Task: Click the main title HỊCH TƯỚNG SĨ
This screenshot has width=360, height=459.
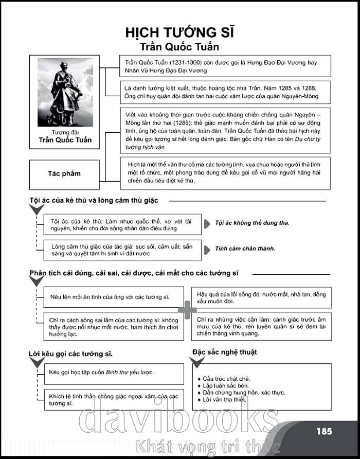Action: point(180,33)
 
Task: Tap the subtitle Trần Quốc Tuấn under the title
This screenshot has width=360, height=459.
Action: point(180,47)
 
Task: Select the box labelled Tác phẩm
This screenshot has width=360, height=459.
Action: point(64,173)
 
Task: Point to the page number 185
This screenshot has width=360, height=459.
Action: point(325,431)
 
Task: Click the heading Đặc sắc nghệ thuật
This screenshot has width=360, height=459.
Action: point(225,352)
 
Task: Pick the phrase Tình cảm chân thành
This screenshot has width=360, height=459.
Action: point(245,249)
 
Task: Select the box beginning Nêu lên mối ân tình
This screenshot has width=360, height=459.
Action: point(110,297)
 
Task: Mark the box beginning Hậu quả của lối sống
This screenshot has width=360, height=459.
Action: point(261,297)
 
